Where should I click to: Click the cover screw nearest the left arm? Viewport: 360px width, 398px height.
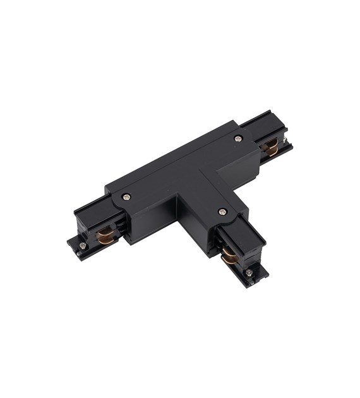tap(127, 196)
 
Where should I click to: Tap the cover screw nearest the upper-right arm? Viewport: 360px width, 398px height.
tap(238, 138)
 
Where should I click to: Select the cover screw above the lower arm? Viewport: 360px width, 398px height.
tap(222, 212)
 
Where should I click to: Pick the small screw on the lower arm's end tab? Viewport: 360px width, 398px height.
tap(249, 272)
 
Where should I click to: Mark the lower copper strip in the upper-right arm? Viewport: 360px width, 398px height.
tap(270, 153)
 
